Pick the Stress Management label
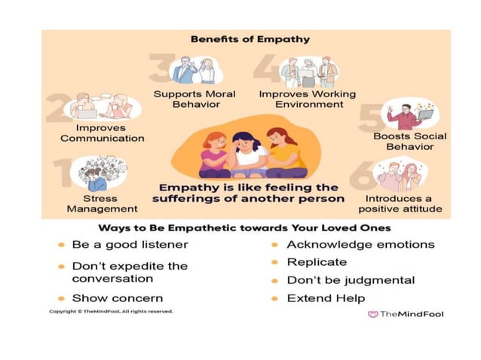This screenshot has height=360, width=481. pos(102,203)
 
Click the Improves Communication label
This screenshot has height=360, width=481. pos(102,133)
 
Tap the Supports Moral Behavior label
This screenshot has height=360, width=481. pos(195,99)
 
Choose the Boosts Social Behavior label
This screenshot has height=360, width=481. pos(409,141)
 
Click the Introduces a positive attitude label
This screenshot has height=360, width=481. pos(399,203)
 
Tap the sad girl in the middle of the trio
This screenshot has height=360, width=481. pos(247,151)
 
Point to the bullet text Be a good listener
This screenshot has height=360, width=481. pos(130,245)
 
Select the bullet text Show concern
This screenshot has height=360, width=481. pos(117,298)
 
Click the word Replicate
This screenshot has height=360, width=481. pos(317,262)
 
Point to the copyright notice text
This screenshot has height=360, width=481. pos(111,311)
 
